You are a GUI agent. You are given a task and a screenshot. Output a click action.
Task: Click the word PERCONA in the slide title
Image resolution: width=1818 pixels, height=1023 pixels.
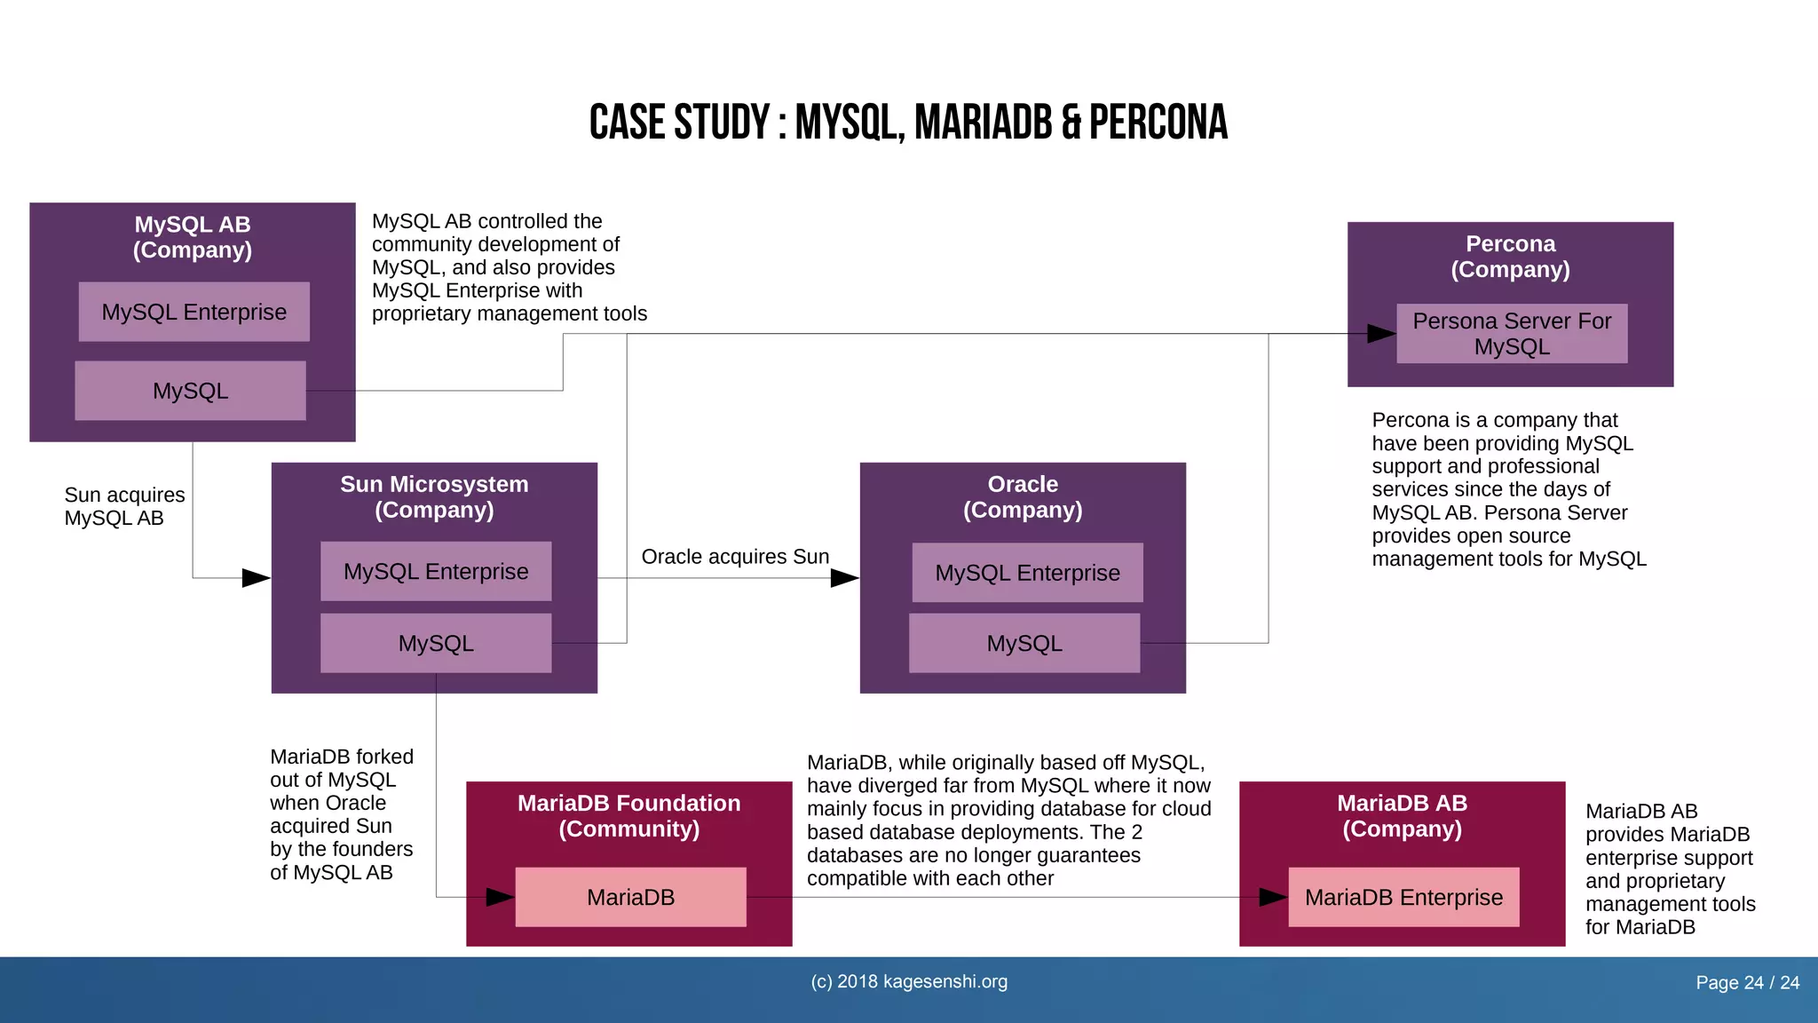point(1158,123)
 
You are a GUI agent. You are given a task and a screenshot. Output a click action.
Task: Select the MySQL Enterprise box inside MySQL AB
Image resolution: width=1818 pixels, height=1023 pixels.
point(194,312)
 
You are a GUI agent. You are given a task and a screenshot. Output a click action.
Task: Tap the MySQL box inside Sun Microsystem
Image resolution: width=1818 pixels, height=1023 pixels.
point(435,643)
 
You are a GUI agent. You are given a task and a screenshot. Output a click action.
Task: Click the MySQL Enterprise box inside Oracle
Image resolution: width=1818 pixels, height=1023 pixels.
point(1027,573)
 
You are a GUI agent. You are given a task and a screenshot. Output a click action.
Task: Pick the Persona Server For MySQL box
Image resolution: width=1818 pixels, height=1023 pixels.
point(1511,333)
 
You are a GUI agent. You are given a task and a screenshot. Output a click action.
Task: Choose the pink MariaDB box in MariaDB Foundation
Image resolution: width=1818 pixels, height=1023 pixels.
point(630,897)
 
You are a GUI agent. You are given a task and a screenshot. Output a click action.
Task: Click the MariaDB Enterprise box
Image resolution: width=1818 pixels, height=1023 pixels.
point(1403,897)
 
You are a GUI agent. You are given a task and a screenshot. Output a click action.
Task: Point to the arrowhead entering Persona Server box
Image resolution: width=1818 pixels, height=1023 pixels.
point(1381,334)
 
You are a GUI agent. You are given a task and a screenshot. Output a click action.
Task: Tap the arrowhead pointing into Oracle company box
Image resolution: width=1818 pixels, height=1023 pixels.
point(844,578)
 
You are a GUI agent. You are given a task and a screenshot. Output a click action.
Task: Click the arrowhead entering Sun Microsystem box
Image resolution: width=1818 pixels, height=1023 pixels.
point(256,578)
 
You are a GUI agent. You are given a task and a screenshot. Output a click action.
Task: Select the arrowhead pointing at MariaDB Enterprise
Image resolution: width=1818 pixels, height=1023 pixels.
point(1274,897)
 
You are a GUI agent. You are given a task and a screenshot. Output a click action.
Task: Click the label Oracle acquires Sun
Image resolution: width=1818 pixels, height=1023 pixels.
point(735,557)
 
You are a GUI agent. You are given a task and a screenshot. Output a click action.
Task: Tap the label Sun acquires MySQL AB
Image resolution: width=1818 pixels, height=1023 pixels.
point(124,506)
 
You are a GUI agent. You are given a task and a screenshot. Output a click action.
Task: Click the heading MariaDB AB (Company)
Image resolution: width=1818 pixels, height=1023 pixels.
point(1402,815)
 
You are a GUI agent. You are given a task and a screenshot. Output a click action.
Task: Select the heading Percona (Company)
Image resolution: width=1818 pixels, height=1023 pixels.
point(1510,256)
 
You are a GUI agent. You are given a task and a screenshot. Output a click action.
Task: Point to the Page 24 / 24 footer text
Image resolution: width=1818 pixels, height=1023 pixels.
point(1747,982)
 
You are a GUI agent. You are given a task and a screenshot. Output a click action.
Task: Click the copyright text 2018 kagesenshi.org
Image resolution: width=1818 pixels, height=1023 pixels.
point(909,981)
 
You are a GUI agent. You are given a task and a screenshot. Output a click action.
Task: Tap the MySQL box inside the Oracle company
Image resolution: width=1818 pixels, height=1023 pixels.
point(1024,643)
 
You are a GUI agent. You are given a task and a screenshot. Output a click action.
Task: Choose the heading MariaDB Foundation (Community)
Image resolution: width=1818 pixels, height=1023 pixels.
point(628,815)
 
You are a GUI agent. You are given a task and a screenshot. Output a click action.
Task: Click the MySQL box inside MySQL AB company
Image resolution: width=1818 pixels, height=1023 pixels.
point(190,391)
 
